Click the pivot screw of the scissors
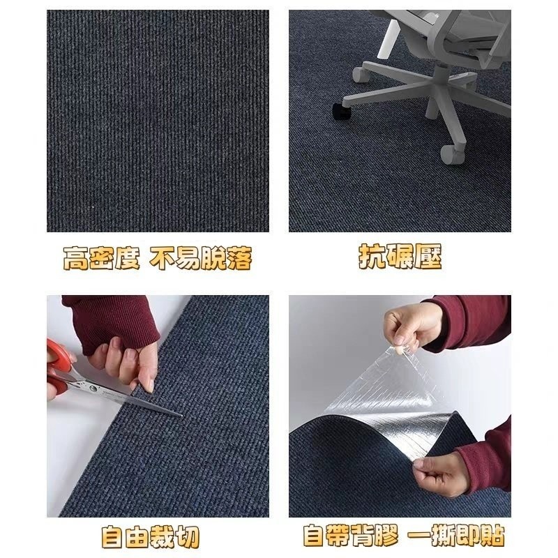[93, 389]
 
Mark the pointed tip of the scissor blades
[181, 415]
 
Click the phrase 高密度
[101, 257]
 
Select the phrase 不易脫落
[201, 257]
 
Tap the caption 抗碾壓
[400, 256]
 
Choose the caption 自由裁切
[150, 537]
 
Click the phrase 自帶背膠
[351, 535]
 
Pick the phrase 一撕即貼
[456, 535]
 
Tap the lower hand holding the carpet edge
[442, 474]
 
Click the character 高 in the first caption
[76, 258]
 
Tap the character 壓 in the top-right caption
[428, 256]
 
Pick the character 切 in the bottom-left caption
[187, 537]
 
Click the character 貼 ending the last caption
[493, 535]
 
